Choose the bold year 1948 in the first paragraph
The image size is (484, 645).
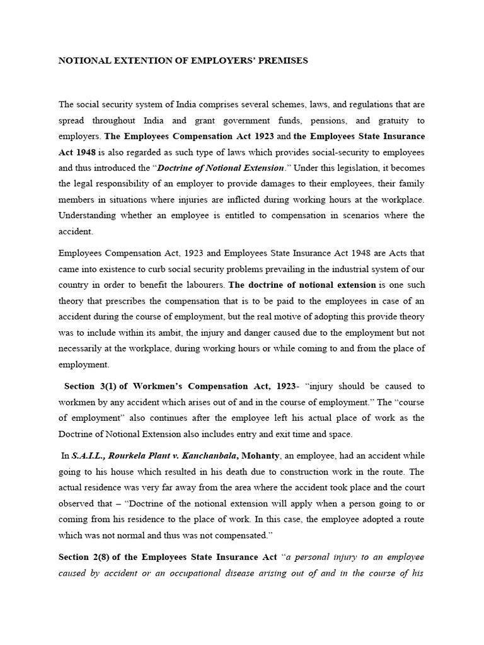(87, 152)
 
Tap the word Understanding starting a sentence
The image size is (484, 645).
(89, 215)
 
